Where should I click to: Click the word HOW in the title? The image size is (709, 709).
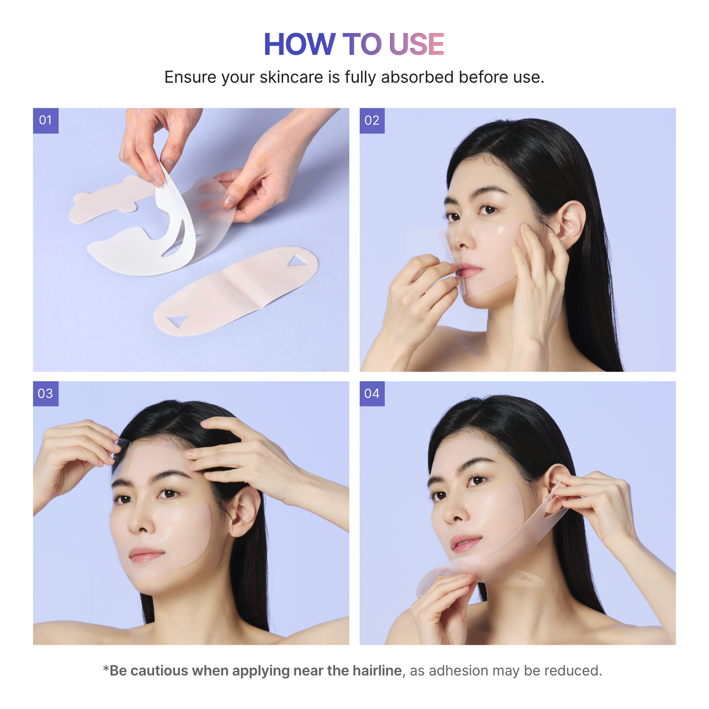click(299, 45)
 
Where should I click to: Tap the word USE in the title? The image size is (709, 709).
click(416, 45)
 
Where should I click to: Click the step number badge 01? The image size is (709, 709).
click(46, 120)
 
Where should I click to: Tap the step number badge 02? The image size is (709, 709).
click(372, 120)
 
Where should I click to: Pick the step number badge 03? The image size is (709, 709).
click(46, 394)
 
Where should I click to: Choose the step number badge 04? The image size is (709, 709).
click(372, 394)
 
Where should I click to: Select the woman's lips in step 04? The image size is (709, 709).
click(465, 544)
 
